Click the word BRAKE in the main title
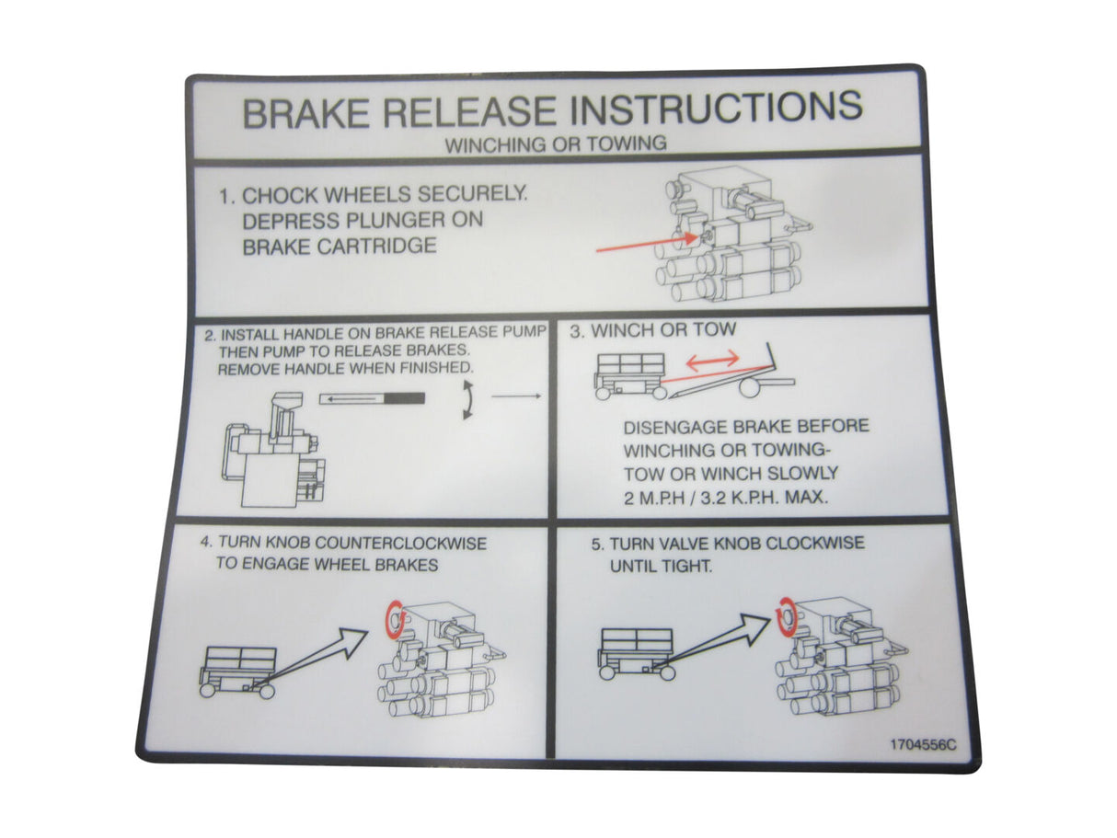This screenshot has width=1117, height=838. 305,113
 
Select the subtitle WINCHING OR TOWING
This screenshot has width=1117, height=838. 556,144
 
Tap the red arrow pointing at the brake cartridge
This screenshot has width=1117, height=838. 644,243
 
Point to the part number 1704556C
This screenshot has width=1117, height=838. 922,745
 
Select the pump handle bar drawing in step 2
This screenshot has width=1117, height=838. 373,398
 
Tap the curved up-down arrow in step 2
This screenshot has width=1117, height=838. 467,402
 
